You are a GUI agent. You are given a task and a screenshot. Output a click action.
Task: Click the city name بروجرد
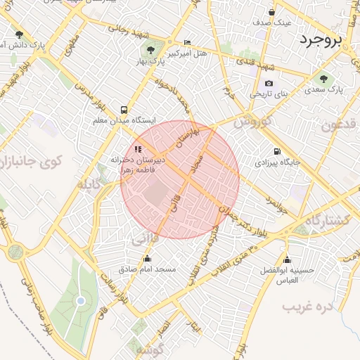320,39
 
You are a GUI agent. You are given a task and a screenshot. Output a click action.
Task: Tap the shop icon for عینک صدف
272,12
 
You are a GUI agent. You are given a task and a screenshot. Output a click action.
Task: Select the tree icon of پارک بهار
150,50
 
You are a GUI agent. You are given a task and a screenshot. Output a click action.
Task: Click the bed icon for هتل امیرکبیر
186,43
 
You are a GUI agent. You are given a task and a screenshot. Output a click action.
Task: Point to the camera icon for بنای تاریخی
269,84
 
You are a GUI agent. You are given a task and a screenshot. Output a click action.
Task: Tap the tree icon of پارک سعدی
323,79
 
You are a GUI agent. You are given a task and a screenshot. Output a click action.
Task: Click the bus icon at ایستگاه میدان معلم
124,110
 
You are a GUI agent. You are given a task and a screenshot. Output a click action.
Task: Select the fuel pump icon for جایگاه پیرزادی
276,151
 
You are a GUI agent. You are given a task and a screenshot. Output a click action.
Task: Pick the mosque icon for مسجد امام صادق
147,259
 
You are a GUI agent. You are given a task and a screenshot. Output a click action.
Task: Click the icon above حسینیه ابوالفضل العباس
287,259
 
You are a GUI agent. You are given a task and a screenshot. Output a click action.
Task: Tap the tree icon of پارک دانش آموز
19,34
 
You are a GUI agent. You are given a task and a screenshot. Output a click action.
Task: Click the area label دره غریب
307,307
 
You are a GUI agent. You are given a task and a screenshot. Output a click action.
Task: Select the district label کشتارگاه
323,220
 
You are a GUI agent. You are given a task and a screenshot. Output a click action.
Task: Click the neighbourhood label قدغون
340,126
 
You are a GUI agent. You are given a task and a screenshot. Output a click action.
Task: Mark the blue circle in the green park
81,301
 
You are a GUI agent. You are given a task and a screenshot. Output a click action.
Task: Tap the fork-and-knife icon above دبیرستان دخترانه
138,149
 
